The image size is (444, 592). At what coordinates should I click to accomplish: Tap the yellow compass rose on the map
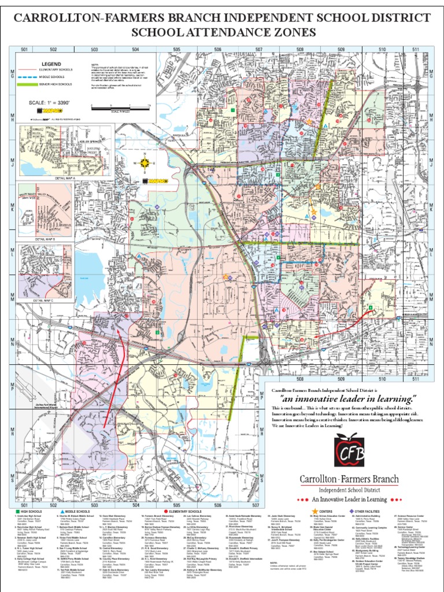(144, 156)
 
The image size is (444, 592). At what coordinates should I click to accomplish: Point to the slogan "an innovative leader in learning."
(349, 399)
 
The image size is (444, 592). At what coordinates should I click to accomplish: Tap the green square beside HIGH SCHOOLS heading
(18, 511)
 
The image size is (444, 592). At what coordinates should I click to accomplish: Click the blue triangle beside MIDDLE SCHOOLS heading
(61, 511)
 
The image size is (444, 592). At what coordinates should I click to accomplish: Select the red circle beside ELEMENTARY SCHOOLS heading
(165, 511)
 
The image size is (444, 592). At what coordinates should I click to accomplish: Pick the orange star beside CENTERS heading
(315, 511)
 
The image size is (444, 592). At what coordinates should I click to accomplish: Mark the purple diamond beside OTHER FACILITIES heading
(352, 511)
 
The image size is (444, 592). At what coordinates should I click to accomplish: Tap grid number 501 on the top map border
(24, 50)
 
